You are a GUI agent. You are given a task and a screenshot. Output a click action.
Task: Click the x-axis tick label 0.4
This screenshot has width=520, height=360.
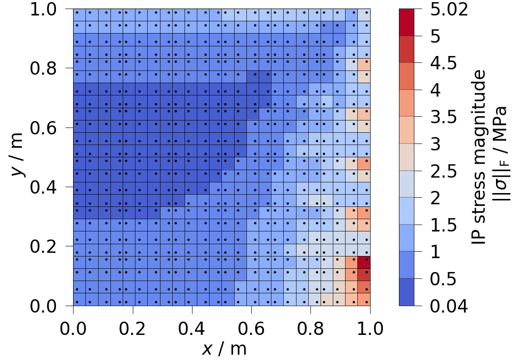[193, 326]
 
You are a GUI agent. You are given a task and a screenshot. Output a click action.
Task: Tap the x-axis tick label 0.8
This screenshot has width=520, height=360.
[311, 326]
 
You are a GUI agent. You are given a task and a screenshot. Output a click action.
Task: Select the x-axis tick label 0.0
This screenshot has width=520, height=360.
[74, 326]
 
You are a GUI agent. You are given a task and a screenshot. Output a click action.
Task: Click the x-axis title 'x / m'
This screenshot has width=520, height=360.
[224, 349]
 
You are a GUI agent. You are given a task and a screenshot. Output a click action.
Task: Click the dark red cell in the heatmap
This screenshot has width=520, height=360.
[364, 262]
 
